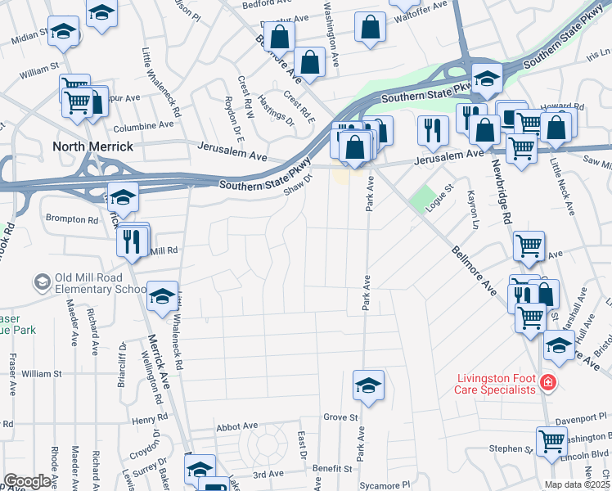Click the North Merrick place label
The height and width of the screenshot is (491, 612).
point(92,146)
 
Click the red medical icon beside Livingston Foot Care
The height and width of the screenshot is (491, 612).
point(547,382)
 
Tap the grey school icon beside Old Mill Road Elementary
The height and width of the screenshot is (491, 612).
point(41,283)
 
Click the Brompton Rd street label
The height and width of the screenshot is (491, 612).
point(71,219)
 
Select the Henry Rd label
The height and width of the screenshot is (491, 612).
point(150,420)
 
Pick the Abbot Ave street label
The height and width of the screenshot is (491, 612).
point(236,426)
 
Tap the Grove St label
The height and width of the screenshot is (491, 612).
point(341,417)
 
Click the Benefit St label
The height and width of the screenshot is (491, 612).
point(331,469)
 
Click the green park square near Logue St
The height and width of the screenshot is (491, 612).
point(423,199)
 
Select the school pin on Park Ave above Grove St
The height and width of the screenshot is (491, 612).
point(368,385)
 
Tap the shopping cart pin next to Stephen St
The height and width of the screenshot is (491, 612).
point(552,441)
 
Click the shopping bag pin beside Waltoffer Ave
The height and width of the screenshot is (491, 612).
point(371,27)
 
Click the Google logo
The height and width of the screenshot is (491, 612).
point(28,481)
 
